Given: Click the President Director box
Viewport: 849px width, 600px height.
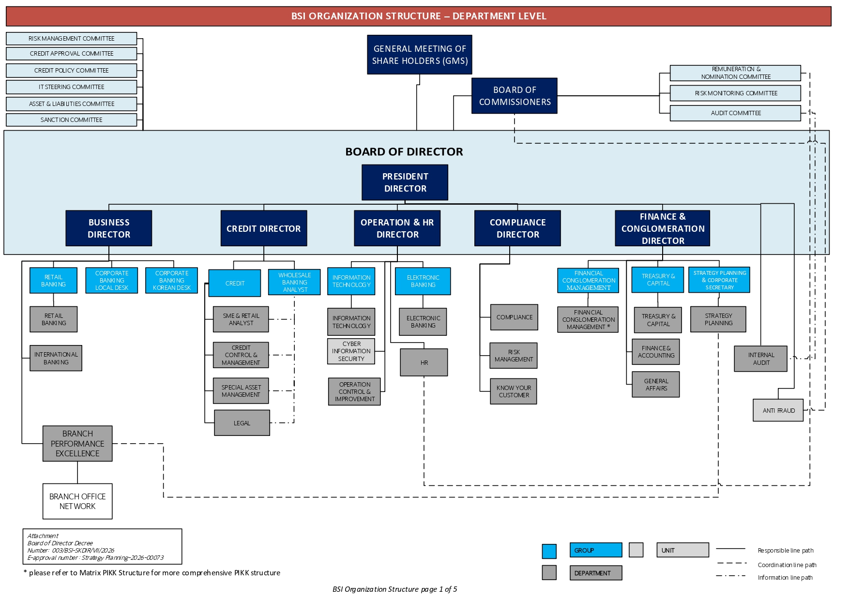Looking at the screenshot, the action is tap(405, 182).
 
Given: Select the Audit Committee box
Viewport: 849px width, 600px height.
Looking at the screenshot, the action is tap(735, 113).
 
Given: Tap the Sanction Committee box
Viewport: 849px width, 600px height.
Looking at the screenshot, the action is tap(72, 120).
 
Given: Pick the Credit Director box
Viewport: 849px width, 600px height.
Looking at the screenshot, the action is tap(264, 228).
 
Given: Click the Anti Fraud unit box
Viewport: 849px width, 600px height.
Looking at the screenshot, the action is tap(778, 410).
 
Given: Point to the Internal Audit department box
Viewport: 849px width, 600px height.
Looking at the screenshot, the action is tap(760, 359).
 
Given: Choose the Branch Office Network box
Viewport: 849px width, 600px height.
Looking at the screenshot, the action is tap(77, 501).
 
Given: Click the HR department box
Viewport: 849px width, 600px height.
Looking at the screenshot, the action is tap(424, 362).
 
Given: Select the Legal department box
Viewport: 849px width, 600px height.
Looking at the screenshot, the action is tap(242, 423).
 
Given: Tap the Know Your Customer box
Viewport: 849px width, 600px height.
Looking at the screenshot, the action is tap(514, 391).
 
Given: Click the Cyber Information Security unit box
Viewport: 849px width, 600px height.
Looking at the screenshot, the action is tap(351, 351).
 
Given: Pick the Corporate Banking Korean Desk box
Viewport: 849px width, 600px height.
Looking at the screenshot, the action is tap(172, 281).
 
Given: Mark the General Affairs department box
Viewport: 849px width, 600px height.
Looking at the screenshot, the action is tap(656, 385).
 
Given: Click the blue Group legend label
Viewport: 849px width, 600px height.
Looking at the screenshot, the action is tap(596, 550).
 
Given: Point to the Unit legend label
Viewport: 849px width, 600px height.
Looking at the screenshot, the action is tap(682, 550).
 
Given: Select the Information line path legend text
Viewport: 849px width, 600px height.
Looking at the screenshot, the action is tap(785, 578).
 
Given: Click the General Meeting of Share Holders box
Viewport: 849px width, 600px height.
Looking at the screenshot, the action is tap(420, 55).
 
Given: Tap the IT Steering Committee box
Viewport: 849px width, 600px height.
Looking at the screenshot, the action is tap(72, 87).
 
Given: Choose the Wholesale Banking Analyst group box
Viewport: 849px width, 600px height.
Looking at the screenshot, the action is tap(295, 282).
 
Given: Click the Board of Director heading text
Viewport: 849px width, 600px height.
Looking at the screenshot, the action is tap(404, 152).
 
